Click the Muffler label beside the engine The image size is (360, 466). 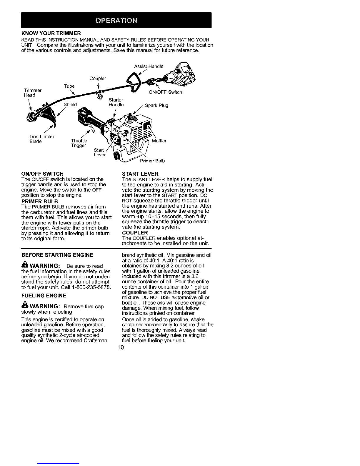coord(159,141)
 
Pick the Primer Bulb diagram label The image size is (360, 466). coord(152,161)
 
